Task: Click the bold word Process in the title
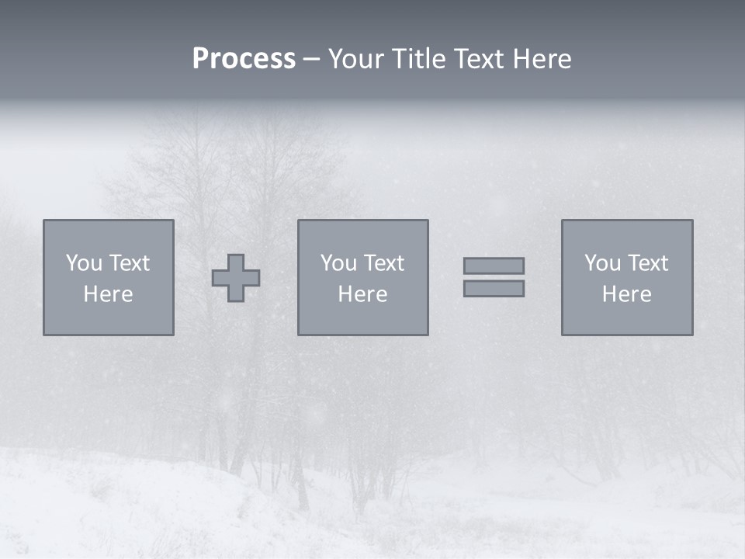244,59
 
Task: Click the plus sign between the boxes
236,278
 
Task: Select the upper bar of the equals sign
494,266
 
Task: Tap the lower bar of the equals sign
494,288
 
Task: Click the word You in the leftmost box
84,263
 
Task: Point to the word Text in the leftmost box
130,263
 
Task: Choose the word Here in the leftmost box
108,294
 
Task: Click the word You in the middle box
338,263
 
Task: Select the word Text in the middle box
384,263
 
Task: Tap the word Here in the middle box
362,294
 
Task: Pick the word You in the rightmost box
602,263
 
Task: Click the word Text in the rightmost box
648,263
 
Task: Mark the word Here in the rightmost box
626,294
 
